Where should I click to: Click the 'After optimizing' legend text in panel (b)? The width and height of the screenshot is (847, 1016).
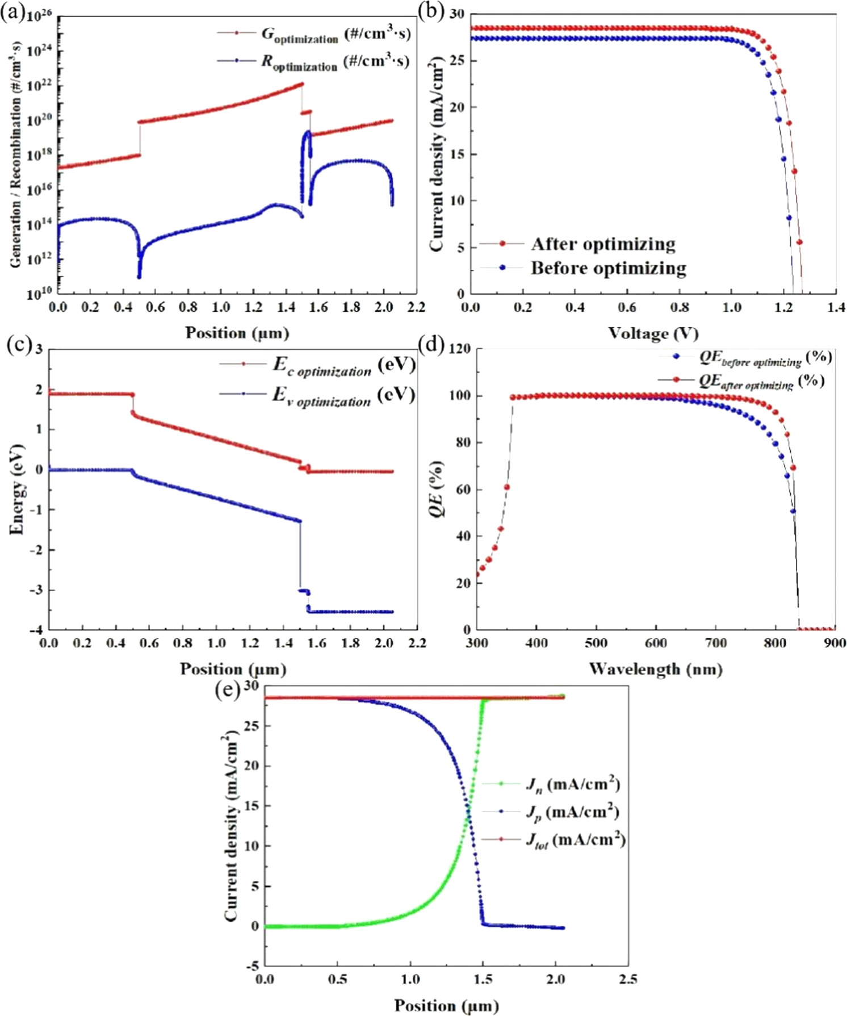pyautogui.click(x=603, y=244)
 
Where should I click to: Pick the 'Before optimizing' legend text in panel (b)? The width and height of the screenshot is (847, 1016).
pyautogui.click(x=608, y=268)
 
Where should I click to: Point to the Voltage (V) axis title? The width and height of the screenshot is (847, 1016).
pyautogui.click(x=653, y=333)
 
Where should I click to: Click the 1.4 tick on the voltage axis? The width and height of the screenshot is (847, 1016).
pyautogui.click(x=836, y=307)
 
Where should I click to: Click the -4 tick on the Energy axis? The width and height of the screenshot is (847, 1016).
pyautogui.click(x=37, y=630)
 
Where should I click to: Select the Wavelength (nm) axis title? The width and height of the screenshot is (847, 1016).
pyautogui.click(x=656, y=669)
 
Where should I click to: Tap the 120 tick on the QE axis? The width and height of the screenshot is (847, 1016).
pyautogui.click(x=459, y=349)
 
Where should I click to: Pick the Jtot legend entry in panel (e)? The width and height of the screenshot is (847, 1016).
pyautogui.click(x=575, y=840)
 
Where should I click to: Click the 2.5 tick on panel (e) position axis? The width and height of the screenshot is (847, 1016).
pyautogui.click(x=627, y=979)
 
